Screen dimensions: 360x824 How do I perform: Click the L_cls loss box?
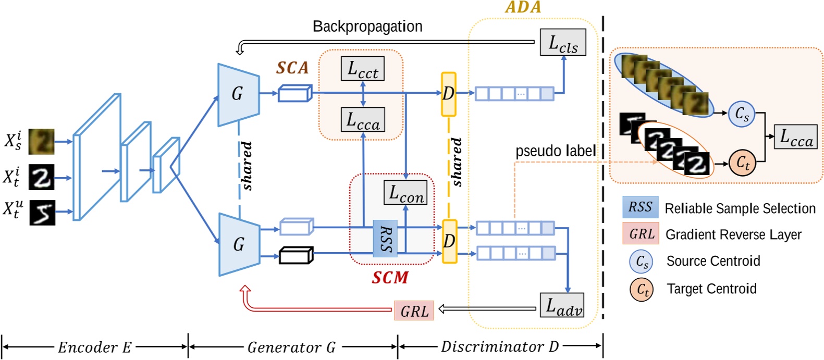562,43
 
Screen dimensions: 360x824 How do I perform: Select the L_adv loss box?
561,305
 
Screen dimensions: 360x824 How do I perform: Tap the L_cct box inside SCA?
363,69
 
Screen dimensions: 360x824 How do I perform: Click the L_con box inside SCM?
405,193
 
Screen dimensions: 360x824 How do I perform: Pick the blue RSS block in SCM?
385,239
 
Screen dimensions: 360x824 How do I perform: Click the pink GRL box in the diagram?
414,311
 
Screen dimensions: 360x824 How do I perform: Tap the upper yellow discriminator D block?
448,94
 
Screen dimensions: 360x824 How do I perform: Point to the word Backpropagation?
367,26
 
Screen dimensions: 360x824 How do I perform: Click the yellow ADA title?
523,7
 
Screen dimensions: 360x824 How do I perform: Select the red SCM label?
390,278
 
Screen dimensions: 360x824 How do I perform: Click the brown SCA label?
292,68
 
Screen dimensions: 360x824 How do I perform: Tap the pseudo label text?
555,151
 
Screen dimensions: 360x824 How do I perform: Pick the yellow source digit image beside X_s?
41,141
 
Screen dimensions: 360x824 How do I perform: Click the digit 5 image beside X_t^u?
42,212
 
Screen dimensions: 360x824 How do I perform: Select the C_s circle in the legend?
641,262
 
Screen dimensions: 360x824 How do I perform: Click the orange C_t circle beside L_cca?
742,163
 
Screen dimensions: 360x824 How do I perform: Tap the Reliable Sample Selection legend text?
740,208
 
